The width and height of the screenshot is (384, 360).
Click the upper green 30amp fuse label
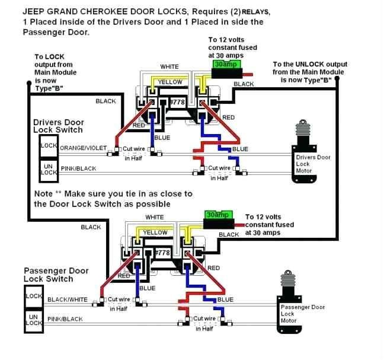tap(220, 63)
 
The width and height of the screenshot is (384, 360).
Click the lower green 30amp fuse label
tap(217, 215)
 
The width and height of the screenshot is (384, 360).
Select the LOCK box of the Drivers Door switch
tap(48, 145)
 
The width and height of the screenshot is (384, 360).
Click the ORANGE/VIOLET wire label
tap(82, 148)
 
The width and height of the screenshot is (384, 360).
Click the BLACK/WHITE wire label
tap(67, 300)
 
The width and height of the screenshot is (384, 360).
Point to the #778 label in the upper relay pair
tap(178, 103)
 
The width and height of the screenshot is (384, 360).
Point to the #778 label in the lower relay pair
tap(162, 253)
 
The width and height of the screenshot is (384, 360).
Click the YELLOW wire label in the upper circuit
tap(170, 82)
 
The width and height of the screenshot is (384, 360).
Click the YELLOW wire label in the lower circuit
tap(155, 232)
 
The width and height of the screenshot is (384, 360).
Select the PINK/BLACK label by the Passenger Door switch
tap(65, 320)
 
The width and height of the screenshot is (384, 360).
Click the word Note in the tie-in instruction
tap(44, 193)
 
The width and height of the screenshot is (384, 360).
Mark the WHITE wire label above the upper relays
tap(170, 66)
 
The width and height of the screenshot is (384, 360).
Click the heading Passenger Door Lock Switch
tap(56, 274)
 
